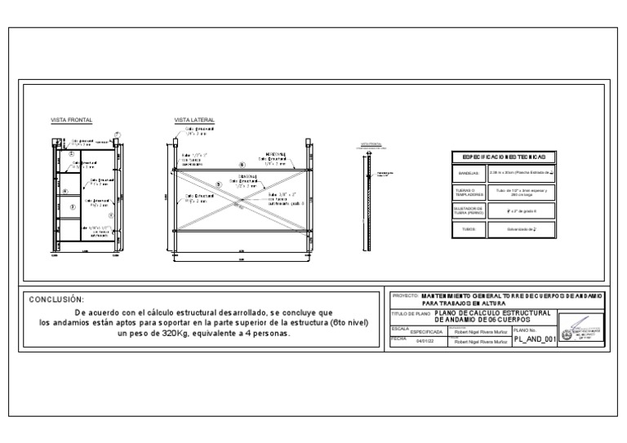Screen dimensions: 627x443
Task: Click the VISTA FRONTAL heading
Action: (x=72, y=120)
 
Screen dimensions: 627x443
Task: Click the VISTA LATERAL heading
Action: (x=194, y=120)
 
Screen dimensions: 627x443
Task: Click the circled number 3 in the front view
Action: (x=72, y=207)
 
